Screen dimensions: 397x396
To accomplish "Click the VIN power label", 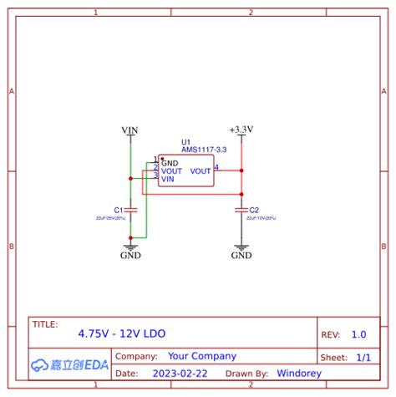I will (x=129, y=130).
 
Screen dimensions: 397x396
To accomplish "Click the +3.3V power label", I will (x=241, y=130).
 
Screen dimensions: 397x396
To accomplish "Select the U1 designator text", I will (x=185, y=143).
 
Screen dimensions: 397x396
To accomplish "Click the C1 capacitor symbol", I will (x=130, y=210).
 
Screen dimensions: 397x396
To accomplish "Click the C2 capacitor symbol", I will (x=241, y=210).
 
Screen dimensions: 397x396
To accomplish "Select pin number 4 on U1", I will (x=217, y=167).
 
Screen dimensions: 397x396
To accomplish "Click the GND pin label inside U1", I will (x=170, y=163).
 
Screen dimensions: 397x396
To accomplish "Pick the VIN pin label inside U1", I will (x=168, y=179).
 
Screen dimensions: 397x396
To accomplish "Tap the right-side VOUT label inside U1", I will (x=201, y=171).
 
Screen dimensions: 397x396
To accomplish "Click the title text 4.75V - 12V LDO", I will (x=122, y=333).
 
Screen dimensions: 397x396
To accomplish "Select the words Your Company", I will (x=202, y=356).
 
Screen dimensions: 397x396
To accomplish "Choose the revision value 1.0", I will (x=358, y=334).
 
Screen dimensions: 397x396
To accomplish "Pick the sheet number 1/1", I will (x=363, y=357).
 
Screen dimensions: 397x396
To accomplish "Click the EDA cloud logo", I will (x=70, y=364).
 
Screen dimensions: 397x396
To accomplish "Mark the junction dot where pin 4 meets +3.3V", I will (x=241, y=170).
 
